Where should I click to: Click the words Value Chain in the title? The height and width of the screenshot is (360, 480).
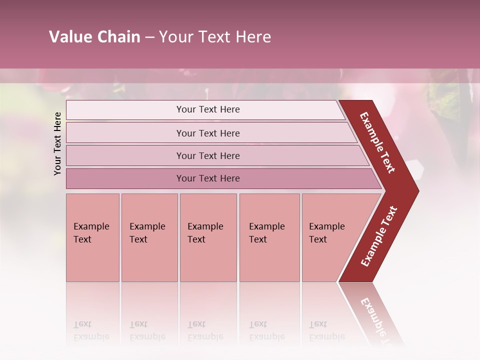(94, 37)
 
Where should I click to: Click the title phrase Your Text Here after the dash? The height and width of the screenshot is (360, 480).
(215, 37)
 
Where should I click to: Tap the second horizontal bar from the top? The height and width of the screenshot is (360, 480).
(208, 133)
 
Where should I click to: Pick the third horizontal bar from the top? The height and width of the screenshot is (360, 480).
(208, 156)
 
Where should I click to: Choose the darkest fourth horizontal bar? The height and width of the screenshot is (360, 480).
(208, 178)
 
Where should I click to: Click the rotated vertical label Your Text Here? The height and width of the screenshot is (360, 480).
(57, 143)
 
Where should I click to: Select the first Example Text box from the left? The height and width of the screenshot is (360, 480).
(92, 237)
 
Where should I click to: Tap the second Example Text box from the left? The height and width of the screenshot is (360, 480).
(149, 237)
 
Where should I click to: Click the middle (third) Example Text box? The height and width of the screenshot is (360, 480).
(208, 237)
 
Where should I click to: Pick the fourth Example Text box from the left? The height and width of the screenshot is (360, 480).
(269, 237)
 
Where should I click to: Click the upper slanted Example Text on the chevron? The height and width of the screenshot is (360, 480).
(377, 142)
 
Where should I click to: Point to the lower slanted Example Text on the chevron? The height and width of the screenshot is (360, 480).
(379, 236)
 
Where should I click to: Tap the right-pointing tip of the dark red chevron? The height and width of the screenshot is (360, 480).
(416, 191)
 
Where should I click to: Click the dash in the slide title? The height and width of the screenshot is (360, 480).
(149, 37)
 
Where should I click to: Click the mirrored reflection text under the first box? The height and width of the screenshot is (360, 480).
(91, 330)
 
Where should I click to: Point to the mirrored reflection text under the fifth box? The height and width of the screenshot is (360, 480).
(327, 330)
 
